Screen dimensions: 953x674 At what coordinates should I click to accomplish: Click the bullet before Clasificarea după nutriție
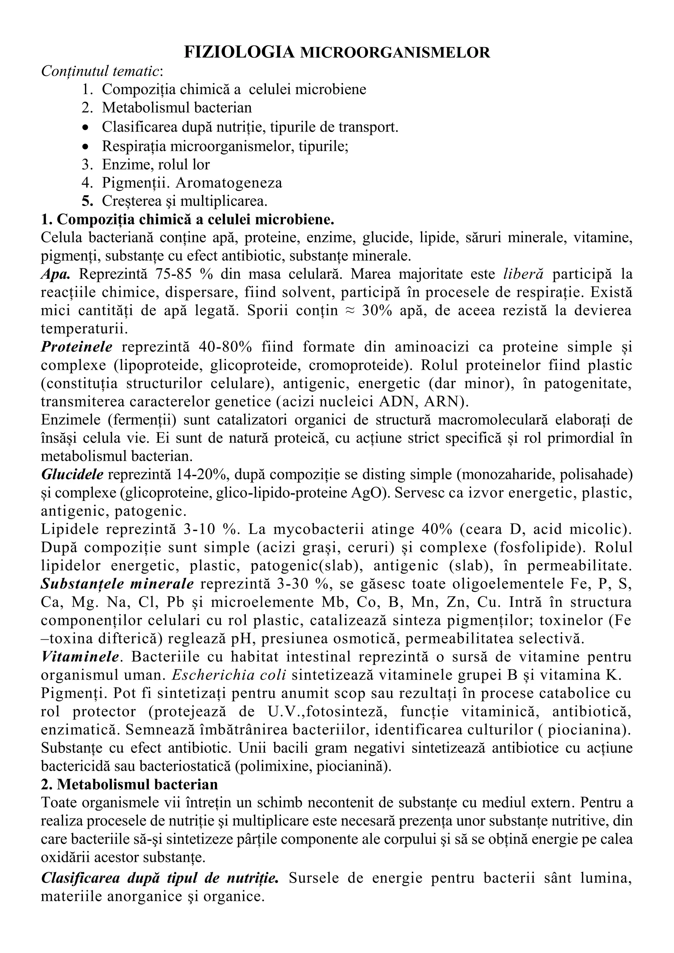(x=86, y=127)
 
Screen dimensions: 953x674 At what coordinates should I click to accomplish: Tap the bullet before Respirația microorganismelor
(x=86, y=146)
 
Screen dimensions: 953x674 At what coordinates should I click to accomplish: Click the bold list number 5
(x=86, y=201)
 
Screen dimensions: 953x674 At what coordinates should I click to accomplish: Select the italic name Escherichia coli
(x=229, y=675)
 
